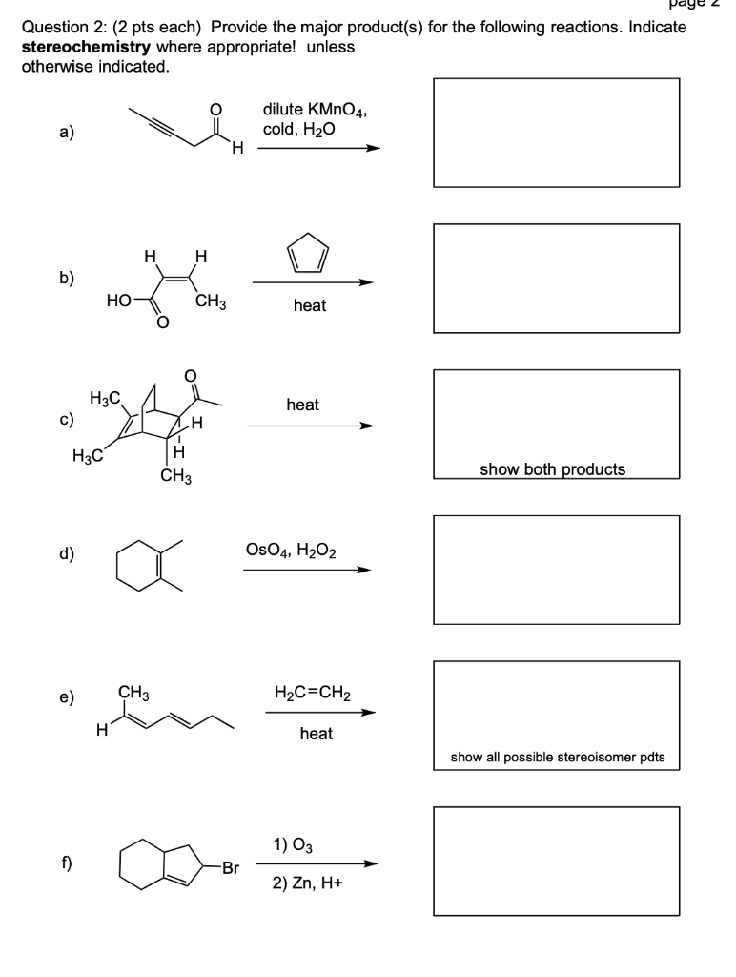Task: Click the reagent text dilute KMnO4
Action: click(315, 111)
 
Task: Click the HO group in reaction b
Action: click(120, 301)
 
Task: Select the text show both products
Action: click(552, 469)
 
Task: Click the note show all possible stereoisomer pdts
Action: click(558, 758)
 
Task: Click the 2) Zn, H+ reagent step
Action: click(308, 883)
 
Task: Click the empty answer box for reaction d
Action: click(557, 570)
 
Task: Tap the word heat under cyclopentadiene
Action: click(310, 305)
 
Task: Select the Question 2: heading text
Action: click(72, 26)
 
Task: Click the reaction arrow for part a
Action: click(319, 148)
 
